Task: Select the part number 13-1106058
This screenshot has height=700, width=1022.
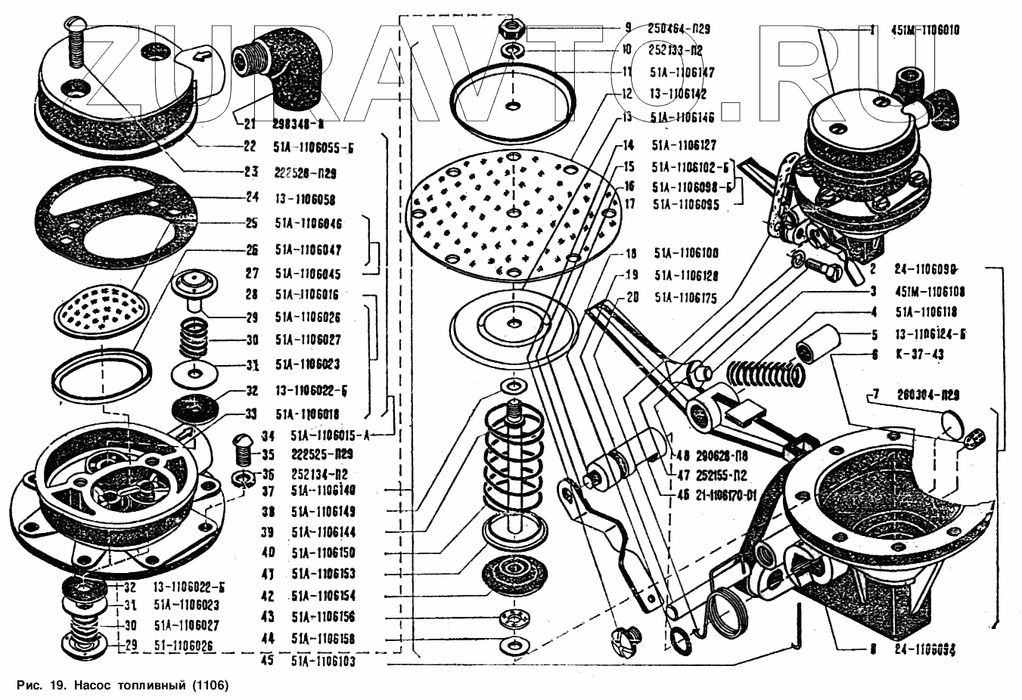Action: coord(305,200)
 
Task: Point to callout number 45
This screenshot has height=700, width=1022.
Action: coord(267,661)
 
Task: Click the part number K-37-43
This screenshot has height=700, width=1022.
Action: coord(920,354)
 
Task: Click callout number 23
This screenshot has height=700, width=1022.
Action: coord(250,172)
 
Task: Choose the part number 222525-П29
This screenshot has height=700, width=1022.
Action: coord(320,455)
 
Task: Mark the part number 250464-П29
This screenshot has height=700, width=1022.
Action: coord(679,29)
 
